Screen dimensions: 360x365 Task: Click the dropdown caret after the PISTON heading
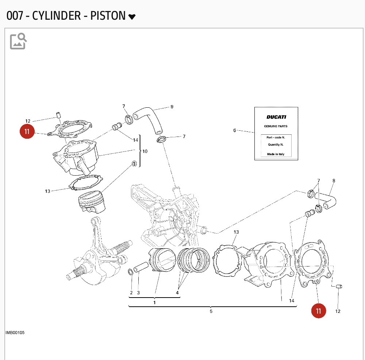point(132,17)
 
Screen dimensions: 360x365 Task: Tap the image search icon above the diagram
point(18,41)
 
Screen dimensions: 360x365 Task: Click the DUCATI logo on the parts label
point(276,117)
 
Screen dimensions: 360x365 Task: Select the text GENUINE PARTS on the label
point(276,126)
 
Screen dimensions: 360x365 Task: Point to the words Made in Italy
point(276,154)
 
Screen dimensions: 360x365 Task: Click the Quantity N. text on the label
point(276,144)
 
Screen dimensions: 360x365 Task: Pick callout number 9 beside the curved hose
point(172,107)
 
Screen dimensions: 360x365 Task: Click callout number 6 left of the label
point(235,130)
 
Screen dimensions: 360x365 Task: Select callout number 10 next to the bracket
point(145,151)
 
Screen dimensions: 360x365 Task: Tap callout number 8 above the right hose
point(334,181)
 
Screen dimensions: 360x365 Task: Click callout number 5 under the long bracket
point(211,311)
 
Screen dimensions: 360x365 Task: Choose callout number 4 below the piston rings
point(177,292)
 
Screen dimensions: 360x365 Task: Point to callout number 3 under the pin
point(138,292)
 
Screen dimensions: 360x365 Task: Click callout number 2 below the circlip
point(131,292)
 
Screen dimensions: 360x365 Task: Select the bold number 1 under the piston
point(154,302)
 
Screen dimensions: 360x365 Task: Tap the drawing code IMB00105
point(15,333)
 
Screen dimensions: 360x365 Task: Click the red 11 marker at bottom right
point(319,311)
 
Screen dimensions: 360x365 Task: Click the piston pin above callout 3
point(140,268)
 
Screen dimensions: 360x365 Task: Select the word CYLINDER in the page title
point(57,16)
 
